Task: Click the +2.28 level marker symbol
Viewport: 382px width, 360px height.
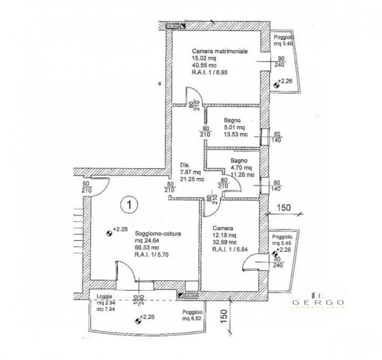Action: point(109,233)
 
